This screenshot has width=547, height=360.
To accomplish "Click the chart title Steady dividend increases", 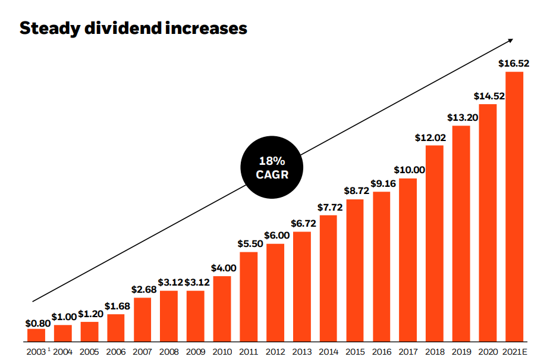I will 133,28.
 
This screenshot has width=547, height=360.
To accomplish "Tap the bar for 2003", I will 36,336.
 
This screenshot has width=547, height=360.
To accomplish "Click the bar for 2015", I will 355,271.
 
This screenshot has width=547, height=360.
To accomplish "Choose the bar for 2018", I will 435,244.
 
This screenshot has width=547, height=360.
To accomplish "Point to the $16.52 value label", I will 514,63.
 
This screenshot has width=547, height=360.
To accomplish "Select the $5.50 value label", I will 249,243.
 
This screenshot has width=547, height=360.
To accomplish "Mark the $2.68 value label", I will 142,289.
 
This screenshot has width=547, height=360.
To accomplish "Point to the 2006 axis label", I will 116,352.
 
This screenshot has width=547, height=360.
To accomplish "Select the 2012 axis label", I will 275,352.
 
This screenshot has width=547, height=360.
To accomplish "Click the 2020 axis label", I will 488,352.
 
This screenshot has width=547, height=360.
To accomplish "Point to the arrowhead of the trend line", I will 510,42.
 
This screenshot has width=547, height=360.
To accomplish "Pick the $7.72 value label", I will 328,206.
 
